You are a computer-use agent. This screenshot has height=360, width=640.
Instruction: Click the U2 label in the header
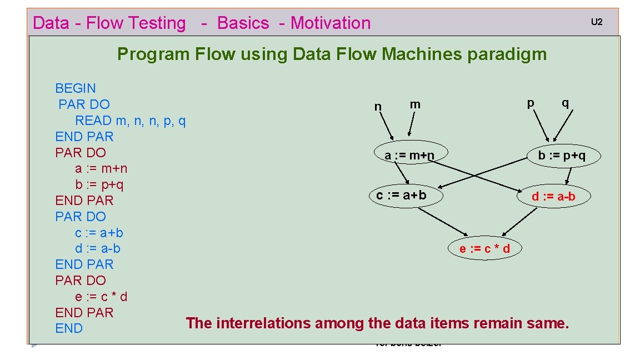click(596, 23)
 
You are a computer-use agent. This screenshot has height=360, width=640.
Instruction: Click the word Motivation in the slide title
click(331, 23)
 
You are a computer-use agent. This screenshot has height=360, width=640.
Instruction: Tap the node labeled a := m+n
click(409, 156)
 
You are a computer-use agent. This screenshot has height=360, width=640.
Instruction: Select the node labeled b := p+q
click(562, 156)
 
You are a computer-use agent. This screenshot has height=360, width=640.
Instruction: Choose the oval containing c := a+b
click(401, 195)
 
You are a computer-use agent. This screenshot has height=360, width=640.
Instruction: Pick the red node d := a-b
click(553, 196)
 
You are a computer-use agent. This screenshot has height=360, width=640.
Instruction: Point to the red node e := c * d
click(484, 248)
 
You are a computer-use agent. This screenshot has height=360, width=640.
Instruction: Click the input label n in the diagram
click(378, 107)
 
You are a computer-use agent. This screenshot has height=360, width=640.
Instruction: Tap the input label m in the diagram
click(415, 104)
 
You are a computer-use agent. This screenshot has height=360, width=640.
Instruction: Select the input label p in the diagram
click(531, 103)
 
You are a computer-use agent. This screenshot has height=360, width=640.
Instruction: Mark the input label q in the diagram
click(565, 103)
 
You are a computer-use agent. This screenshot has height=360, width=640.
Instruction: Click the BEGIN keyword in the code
click(76, 88)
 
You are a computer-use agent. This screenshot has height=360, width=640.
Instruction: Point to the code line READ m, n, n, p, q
click(130, 121)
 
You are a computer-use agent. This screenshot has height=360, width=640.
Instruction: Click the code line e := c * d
click(101, 297)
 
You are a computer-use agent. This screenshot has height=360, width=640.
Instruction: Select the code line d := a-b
click(98, 248)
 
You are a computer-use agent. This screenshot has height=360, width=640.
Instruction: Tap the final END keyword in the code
click(69, 329)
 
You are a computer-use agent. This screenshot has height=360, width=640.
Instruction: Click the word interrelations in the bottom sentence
click(264, 323)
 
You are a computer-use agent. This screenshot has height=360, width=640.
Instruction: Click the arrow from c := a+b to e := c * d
click(442, 222)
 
